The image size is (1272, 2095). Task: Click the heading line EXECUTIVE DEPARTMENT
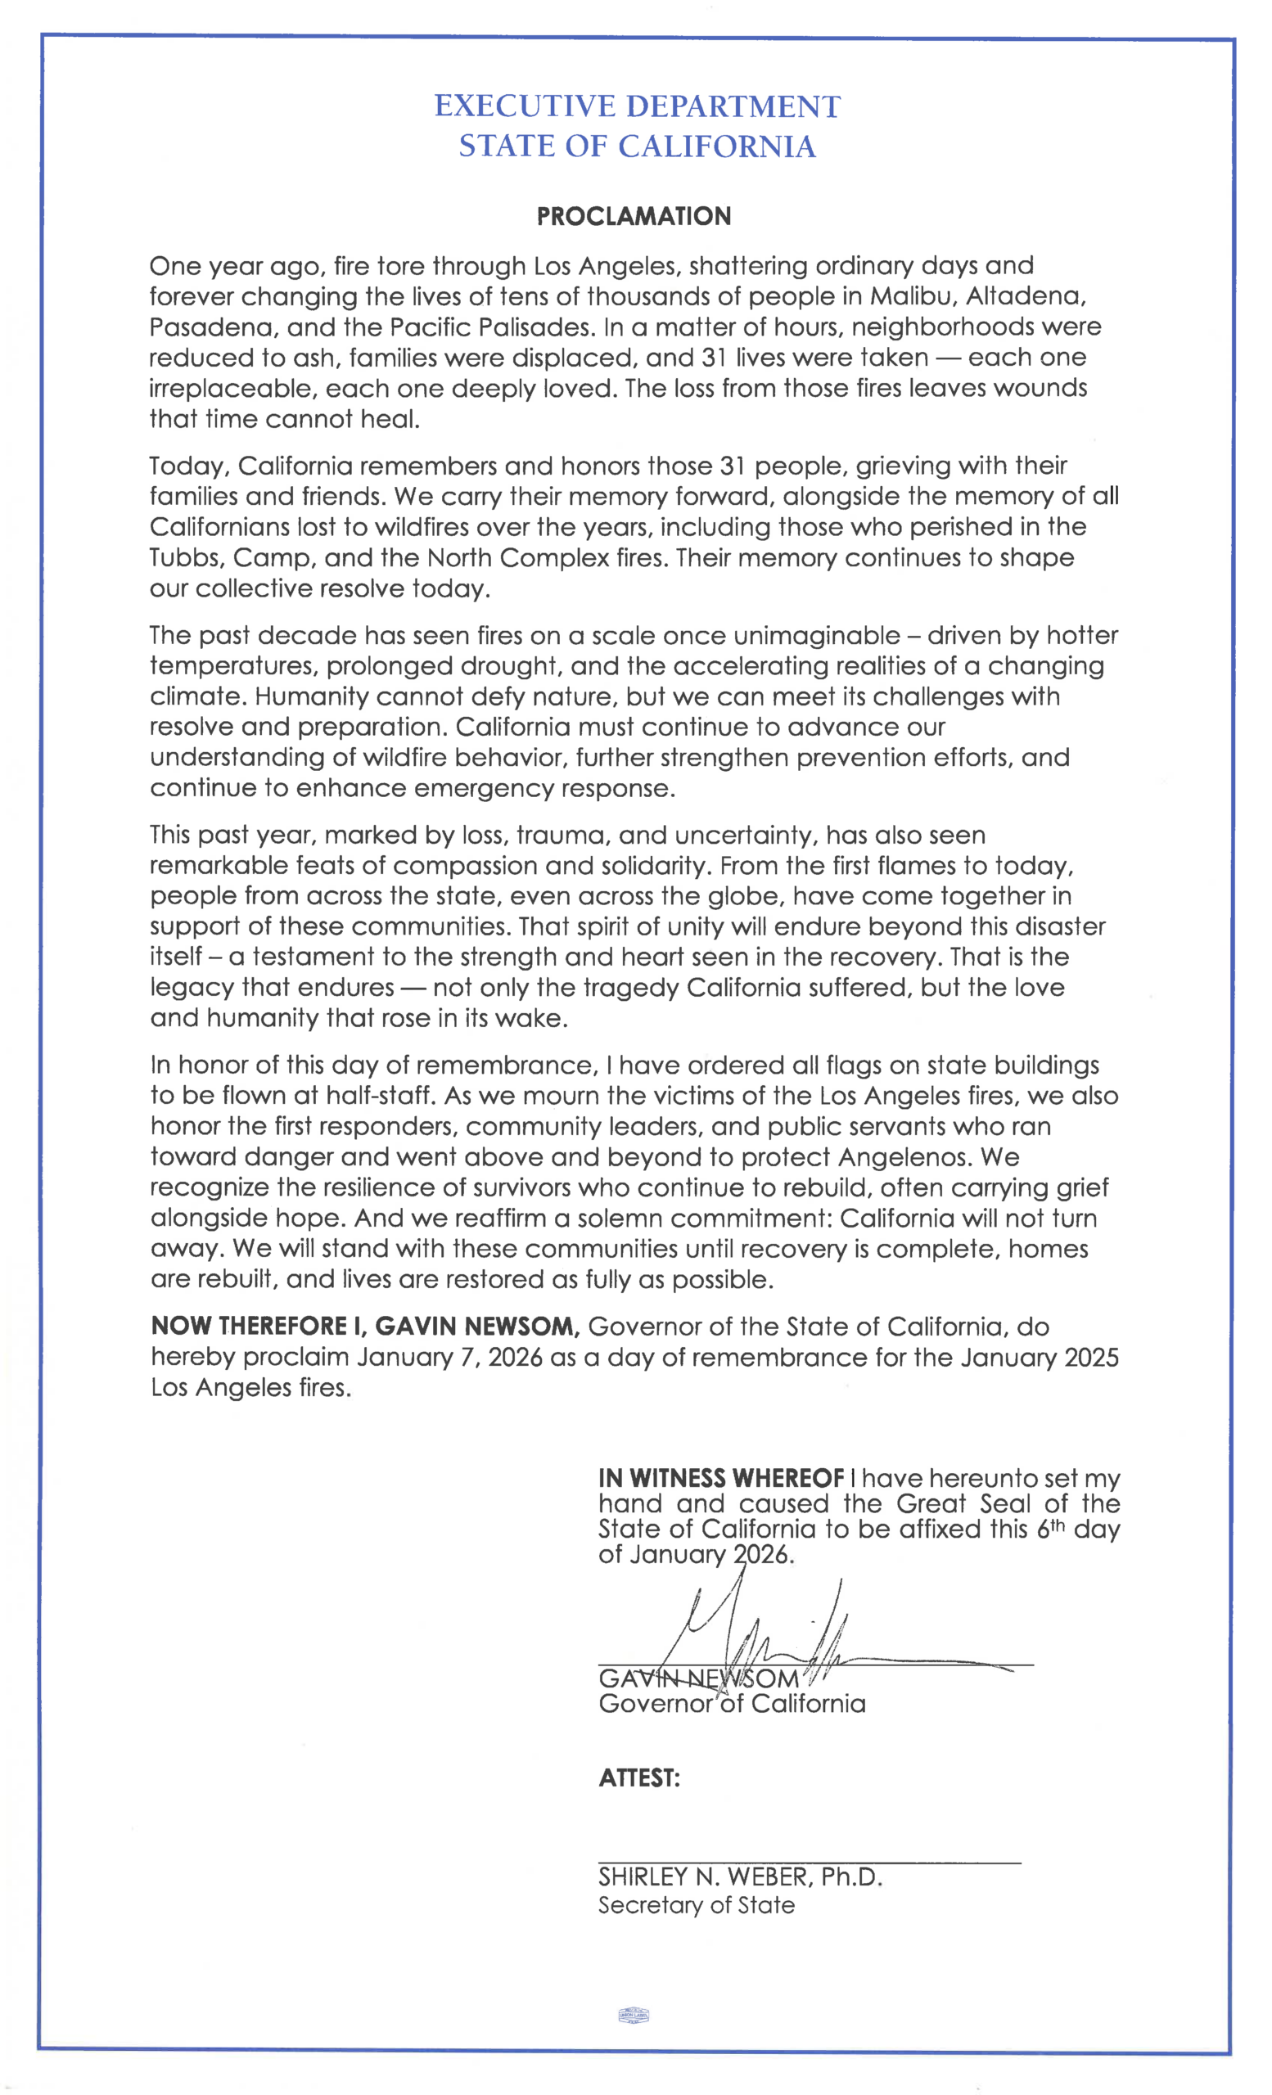coord(637,106)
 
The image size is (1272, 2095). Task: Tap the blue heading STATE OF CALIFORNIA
coord(637,146)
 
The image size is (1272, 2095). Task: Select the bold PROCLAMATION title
coord(634,216)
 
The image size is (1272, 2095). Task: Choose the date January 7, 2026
coord(449,1357)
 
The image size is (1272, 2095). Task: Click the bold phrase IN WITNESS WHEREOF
coord(721,1479)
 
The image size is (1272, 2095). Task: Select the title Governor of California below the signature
coord(731,1704)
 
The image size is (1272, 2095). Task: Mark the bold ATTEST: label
coord(638,1779)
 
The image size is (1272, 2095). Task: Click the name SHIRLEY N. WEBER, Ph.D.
coord(740,1877)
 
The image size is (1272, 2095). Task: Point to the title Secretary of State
coord(696,1905)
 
